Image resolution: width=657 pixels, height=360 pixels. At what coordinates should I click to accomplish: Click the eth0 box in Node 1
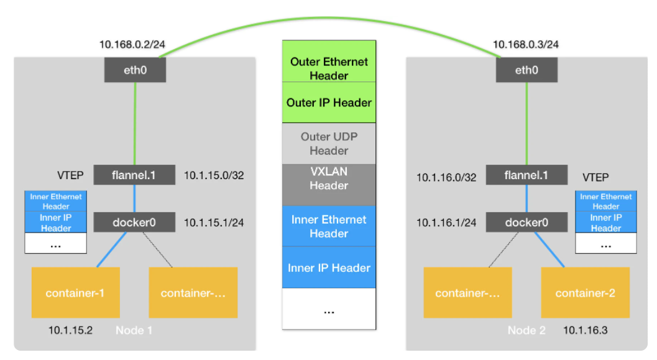[135, 70]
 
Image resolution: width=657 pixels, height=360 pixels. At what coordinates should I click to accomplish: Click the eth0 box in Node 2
[526, 70]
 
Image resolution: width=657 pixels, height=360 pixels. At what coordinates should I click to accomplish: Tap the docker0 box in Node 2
[526, 222]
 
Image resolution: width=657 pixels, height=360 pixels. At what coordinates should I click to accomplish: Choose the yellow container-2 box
[585, 292]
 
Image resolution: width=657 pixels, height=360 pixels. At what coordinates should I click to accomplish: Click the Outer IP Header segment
[329, 103]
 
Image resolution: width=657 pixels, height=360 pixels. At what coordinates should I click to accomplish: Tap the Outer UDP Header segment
[329, 144]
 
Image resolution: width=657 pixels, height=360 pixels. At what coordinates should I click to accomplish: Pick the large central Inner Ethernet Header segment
[329, 226]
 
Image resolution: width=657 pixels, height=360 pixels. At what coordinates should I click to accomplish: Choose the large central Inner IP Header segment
[329, 267]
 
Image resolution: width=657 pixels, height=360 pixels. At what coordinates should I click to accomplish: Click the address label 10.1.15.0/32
[214, 175]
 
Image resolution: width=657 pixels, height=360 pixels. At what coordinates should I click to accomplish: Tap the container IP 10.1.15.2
[70, 330]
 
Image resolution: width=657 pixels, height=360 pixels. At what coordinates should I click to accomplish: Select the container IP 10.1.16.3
[585, 330]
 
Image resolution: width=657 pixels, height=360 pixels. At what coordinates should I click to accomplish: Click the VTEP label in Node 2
[595, 177]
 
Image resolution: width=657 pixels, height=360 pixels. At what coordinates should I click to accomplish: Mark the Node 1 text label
[134, 330]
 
